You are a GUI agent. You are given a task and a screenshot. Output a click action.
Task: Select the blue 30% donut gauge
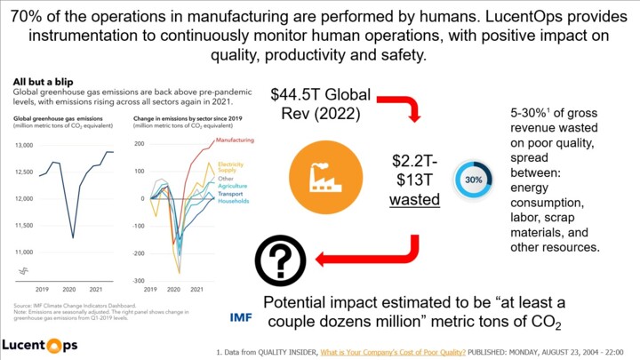[474, 179]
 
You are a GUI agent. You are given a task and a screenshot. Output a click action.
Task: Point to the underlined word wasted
[415, 200]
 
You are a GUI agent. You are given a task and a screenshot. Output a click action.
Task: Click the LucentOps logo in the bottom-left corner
[39, 343]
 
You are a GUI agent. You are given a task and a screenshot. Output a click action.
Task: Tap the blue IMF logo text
[241, 317]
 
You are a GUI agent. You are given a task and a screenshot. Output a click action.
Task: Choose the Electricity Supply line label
[230, 168]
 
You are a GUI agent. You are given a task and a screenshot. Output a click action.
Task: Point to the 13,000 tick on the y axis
[24, 145]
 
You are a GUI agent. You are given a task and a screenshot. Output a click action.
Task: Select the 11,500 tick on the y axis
[24, 226]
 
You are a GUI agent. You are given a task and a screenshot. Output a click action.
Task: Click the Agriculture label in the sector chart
[233, 186]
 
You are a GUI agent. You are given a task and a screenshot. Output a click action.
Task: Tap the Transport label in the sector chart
[232, 194]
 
